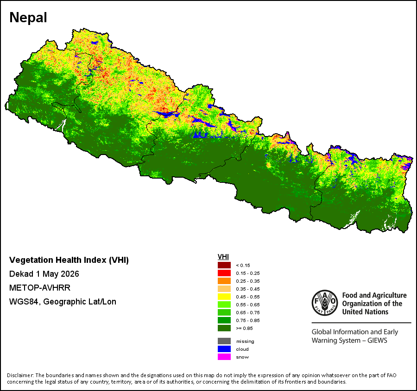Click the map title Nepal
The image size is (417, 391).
pos(28,18)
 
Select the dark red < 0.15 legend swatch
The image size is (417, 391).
pos(224,265)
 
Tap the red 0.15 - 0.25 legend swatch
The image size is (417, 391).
pos(224,273)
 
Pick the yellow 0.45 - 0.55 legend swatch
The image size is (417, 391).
pos(224,297)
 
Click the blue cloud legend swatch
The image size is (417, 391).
pos(224,349)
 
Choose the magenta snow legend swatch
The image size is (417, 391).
pos(224,357)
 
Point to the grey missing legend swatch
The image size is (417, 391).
pos(224,341)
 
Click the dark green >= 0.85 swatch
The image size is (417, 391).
pos(224,328)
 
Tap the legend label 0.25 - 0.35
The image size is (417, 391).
pos(247,281)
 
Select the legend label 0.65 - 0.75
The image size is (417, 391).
pos(247,312)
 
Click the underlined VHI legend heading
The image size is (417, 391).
pos(223,257)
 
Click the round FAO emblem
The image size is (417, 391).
pos(325,303)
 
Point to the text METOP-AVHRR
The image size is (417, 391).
pos(40,288)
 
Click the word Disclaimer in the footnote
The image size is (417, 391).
pos(20,375)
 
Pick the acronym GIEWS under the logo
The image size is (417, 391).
pos(377,341)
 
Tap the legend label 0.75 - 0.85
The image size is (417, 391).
pos(247,320)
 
